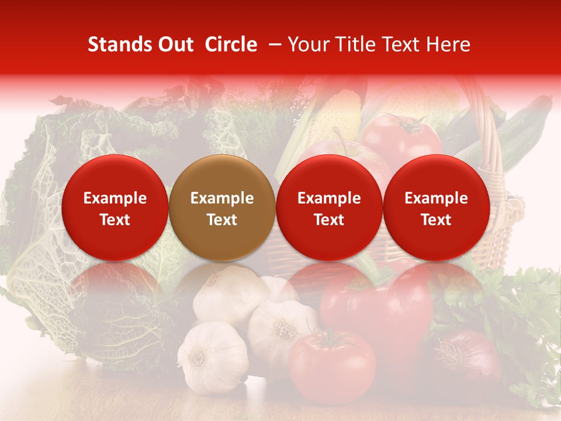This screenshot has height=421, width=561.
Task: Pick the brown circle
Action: (x=222, y=208)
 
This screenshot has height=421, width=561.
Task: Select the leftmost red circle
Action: (x=115, y=208)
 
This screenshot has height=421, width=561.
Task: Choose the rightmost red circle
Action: (x=436, y=208)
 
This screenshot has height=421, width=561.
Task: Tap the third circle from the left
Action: (x=329, y=208)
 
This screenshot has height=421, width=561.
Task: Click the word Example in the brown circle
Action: (x=222, y=198)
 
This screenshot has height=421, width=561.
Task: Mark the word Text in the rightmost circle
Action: (x=436, y=220)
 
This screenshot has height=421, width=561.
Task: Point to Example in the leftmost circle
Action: (x=115, y=198)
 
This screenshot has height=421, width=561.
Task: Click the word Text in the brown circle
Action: (x=222, y=220)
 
